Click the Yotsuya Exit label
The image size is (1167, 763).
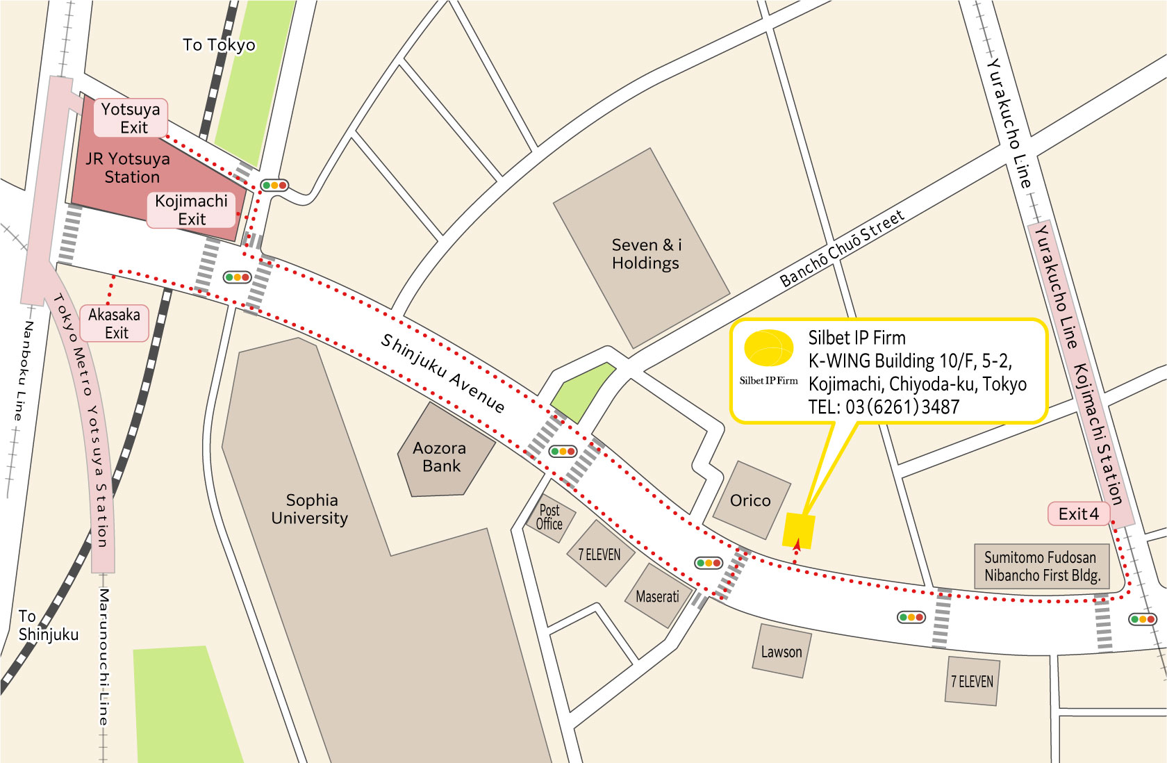(131, 118)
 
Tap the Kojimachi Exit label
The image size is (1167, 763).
(192, 210)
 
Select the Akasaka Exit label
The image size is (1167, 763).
(115, 323)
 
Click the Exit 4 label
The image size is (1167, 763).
(1078, 514)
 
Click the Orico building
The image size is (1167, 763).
(750, 500)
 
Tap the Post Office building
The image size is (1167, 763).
(549, 518)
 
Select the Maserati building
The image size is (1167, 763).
(657, 596)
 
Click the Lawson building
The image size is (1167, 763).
(781, 652)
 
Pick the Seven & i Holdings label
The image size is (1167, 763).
(645, 254)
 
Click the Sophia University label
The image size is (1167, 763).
(310, 509)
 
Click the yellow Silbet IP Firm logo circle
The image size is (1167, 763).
(768, 348)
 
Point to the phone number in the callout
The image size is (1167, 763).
(884, 407)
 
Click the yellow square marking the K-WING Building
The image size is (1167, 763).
(798, 530)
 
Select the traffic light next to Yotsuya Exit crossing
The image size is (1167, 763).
(274, 186)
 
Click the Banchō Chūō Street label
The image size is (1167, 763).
(842, 248)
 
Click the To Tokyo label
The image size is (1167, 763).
(219, 45)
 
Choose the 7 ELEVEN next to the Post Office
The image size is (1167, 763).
(599, 555)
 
